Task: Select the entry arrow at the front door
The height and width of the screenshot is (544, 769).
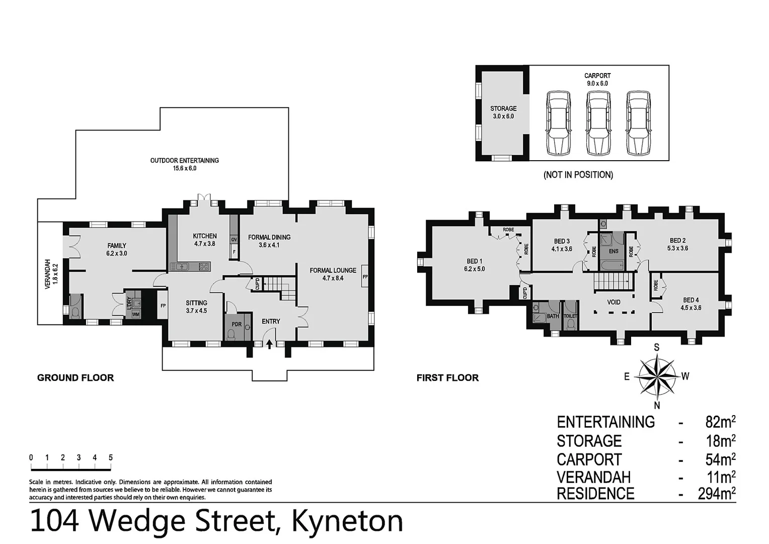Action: [x=269, y=344]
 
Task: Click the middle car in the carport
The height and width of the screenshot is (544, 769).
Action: [x=598, y=123]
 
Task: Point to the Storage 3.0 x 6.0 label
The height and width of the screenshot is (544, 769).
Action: [x=503, y=112]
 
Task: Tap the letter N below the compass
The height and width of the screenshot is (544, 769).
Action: [x=657, y=405]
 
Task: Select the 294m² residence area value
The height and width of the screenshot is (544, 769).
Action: [x=716, y=494]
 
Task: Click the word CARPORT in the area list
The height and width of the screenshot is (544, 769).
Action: [x=589, y=459]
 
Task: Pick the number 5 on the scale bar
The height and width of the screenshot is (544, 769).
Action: [x=110, y=457]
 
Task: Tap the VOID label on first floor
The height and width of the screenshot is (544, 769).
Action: [x=613, y=302]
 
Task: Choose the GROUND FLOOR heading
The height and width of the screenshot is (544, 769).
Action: [x=75, y=378]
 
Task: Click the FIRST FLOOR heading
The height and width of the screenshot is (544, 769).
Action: [x=447, y=378]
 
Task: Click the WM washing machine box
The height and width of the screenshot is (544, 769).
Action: [x=135, y=315]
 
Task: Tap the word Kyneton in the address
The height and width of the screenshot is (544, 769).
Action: [x=347, y=521]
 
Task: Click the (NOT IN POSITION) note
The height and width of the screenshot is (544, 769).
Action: [x=578, y=175]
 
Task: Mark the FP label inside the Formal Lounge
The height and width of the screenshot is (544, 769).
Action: [x=365, y=277]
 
